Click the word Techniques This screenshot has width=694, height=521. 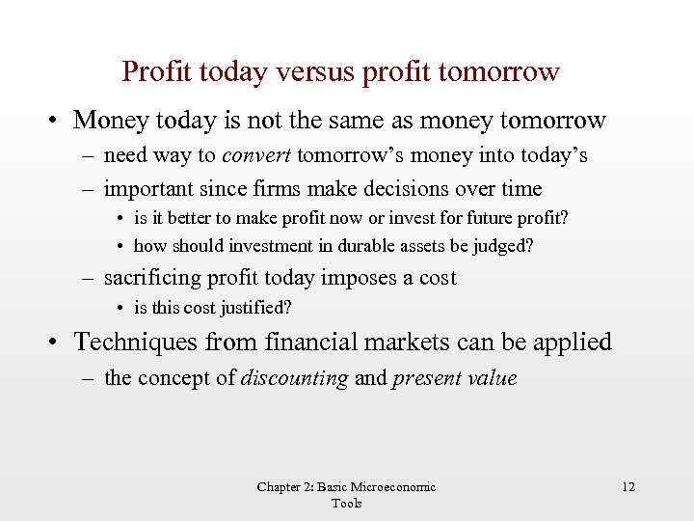tap(134, 343)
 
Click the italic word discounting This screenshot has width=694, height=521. tap(294, 378)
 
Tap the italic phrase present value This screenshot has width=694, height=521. tap(454, 378)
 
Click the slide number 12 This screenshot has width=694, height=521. tap(628, 487)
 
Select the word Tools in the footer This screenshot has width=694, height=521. tap(346, 503)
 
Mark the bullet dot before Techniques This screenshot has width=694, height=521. tap(58, 343)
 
